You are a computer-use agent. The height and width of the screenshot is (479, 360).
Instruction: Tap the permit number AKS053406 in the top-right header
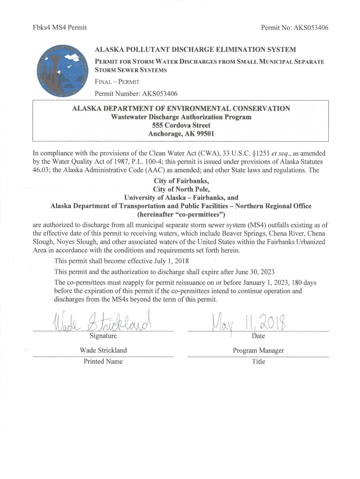coord(310,28)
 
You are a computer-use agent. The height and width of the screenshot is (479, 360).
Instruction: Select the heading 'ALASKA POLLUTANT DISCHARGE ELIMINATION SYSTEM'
coord(195,50)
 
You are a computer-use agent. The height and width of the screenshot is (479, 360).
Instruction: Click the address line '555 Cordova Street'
coord(181,125)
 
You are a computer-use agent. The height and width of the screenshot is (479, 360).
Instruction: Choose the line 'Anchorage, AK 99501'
coord(181,134)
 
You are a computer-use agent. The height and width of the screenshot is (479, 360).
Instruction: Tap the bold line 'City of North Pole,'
coord(181,189)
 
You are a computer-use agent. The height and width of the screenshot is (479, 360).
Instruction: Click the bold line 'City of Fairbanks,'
coord(181,181)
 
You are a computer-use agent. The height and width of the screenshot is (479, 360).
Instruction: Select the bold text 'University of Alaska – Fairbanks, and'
coord(181,197)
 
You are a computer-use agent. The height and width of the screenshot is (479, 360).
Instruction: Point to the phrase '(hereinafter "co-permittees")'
coord(181,215)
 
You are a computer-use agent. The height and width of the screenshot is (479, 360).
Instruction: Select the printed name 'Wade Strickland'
coord(103,350)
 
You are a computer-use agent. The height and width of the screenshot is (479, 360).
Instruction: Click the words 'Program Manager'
coord(258,350)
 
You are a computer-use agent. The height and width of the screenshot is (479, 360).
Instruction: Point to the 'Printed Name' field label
coord(103,361)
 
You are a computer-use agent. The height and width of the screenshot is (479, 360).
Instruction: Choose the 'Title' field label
coord(258,361)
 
